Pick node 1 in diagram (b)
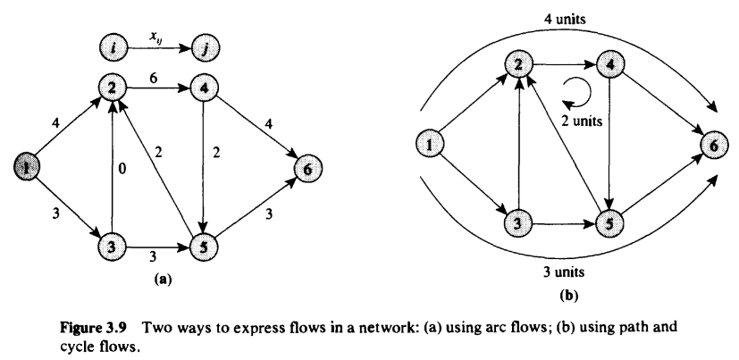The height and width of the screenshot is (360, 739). click(432, 142)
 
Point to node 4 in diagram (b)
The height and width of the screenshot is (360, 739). click(609, 65)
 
